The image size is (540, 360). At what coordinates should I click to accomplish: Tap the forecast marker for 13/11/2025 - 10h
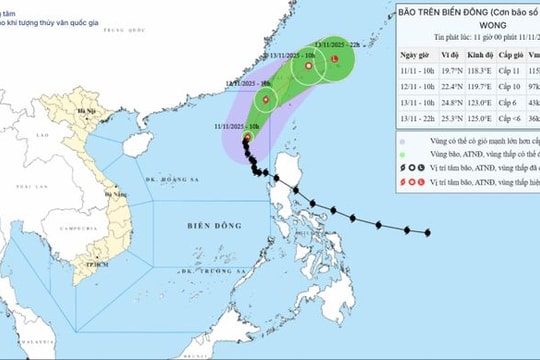[308, 67]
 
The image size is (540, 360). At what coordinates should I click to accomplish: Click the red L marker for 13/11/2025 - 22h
[334, 60]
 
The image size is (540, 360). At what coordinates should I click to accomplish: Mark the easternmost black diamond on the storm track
[428, 233]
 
